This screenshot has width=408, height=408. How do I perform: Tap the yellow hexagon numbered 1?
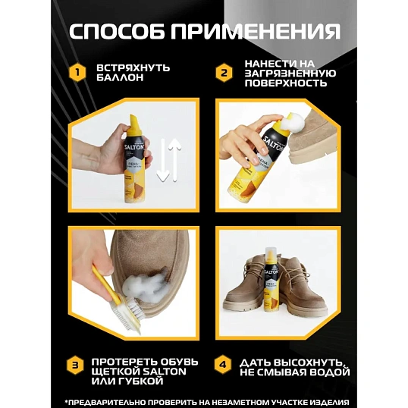tap(76, 74)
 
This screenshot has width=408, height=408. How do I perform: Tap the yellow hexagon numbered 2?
tap(223, 74)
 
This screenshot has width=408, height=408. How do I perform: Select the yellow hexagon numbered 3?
tap(76, 365)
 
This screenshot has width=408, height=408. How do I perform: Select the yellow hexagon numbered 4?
tap(223, 365)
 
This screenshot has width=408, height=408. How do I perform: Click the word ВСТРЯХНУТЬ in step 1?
tap(133, 68)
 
